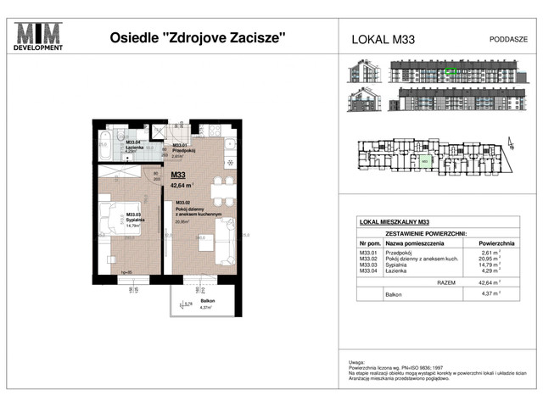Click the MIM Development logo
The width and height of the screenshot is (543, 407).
(40, 37)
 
